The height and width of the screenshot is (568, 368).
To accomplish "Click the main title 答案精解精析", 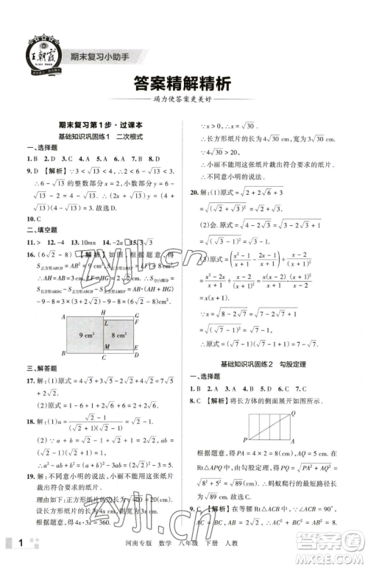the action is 184,84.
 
